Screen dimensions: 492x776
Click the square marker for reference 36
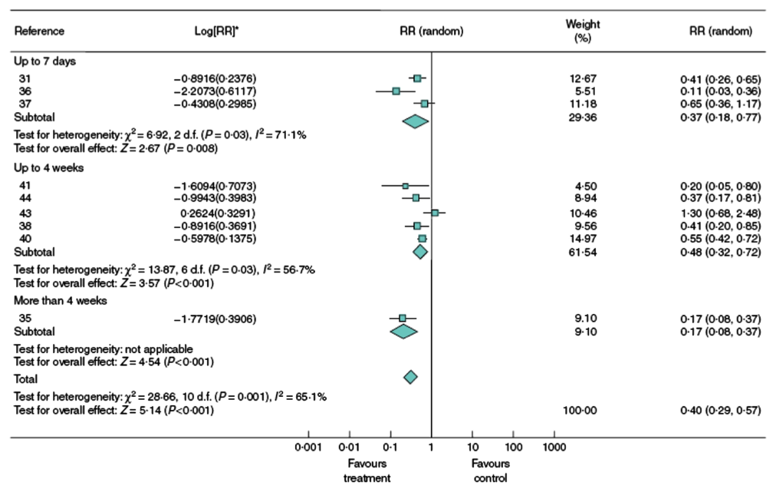(396, 91)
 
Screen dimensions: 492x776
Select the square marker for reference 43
(435, 213)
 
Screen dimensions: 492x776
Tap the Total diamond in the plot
(410, 377)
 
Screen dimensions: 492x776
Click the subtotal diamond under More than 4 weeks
(403, 331)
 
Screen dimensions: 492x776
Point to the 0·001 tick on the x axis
(307, 446)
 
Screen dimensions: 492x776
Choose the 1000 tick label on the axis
(554, 446)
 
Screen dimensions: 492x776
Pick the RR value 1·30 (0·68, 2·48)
(720, 213)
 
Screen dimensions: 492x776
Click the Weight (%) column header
(583, 31)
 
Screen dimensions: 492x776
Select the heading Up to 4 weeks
(48, 167)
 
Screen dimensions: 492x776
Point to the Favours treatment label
(367, 471)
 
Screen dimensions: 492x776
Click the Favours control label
(490, 471)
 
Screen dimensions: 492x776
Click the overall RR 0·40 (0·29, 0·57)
(720, 411)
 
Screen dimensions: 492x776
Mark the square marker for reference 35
(402, 318)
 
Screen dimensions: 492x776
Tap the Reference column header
(39, 31)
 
